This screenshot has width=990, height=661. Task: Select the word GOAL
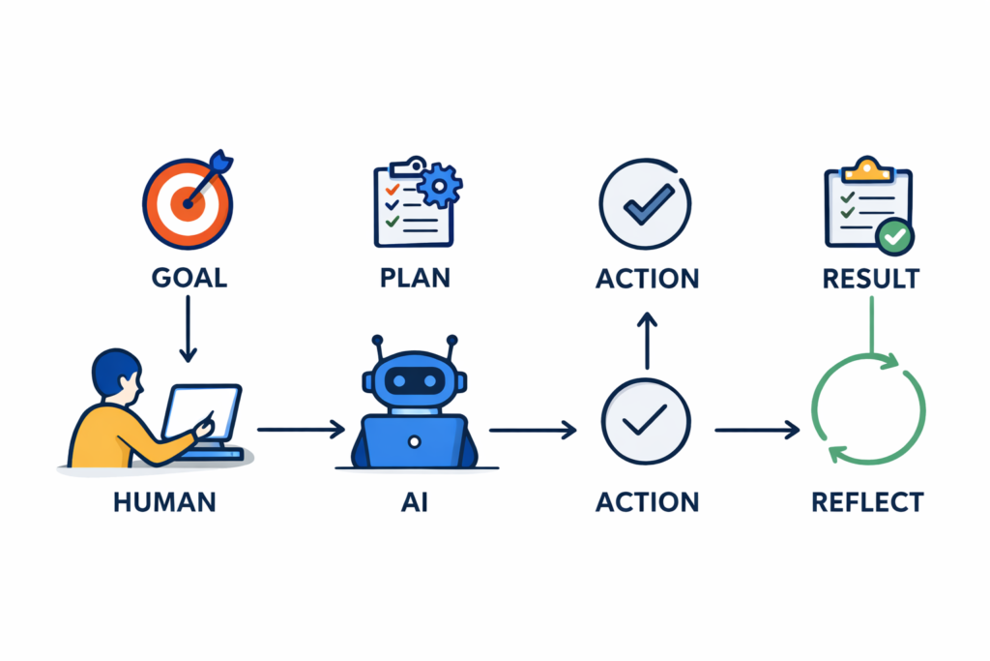point(189,278)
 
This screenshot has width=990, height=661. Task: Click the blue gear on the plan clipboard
point(441,183)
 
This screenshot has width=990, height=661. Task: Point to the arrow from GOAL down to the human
point(189,328)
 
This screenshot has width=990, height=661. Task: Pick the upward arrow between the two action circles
point(647,341)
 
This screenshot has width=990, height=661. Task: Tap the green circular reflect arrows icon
point(867,406)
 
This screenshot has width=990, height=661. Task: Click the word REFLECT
point(867,503)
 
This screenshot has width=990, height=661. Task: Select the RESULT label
point(870,279)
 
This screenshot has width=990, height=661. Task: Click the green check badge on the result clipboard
point(896,234)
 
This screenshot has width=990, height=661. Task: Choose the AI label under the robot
point(414,503)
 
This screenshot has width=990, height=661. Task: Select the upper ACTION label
point(647,279)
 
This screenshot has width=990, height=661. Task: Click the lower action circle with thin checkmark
point(646,419)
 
